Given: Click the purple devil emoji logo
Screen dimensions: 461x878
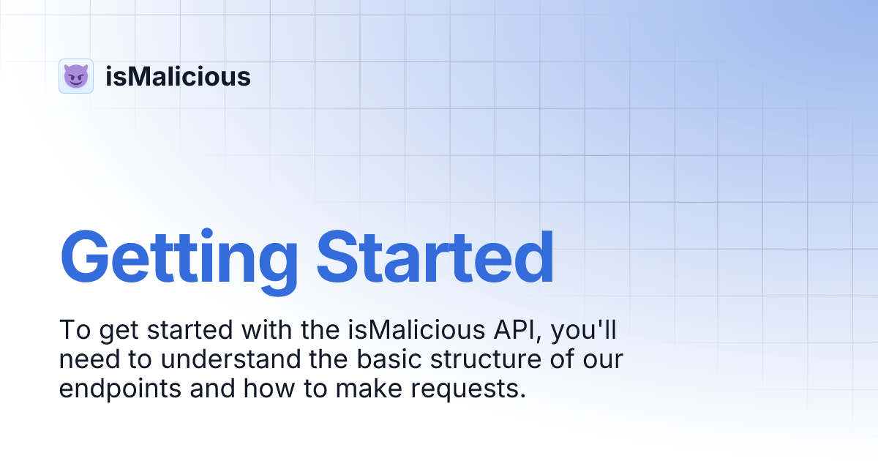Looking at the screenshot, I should click(75, 76).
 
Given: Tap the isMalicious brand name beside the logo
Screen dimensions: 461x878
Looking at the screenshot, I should click(178, 76).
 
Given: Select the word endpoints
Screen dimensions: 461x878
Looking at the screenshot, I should click(120, 389).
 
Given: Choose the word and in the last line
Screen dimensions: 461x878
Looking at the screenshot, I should click(212, 389).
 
